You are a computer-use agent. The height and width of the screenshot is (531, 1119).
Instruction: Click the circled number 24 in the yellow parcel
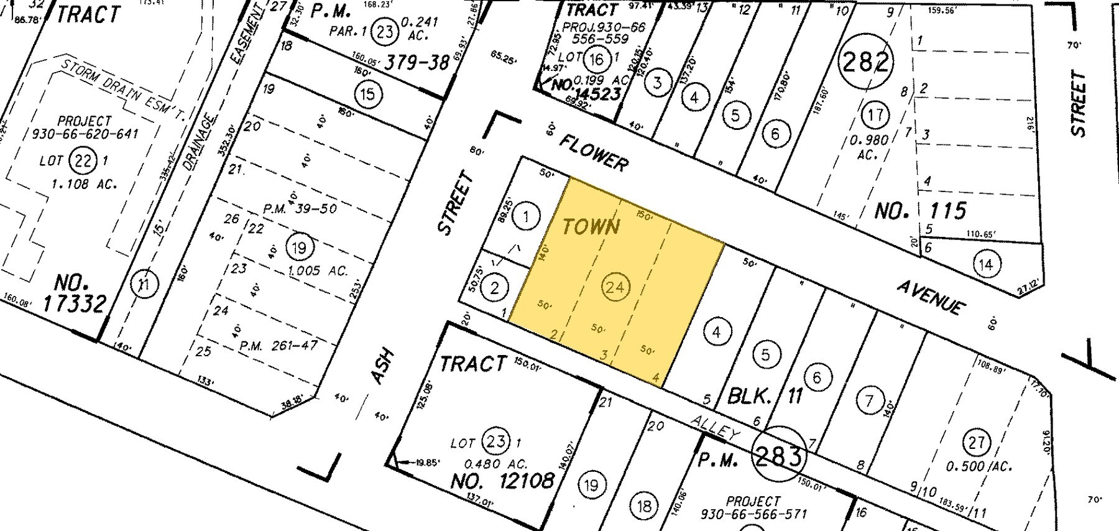(x=614, y=287)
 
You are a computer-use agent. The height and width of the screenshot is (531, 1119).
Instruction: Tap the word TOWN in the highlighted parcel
(x=591, y=226)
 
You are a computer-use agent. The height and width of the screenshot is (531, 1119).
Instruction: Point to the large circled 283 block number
(x=778, y=457)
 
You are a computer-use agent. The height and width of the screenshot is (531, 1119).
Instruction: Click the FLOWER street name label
(x=593, y=152)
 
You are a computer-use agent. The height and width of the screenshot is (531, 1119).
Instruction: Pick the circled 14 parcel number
(x=985, y=264)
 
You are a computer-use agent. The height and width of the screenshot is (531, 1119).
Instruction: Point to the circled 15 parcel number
(x=367, y=95)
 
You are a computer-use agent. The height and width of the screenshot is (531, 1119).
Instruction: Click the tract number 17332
(x=75, y=303)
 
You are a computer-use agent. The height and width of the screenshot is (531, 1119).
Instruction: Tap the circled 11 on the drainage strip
(x=145, y=285)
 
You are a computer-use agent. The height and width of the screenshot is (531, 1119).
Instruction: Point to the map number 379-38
(x=417, y=62)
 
